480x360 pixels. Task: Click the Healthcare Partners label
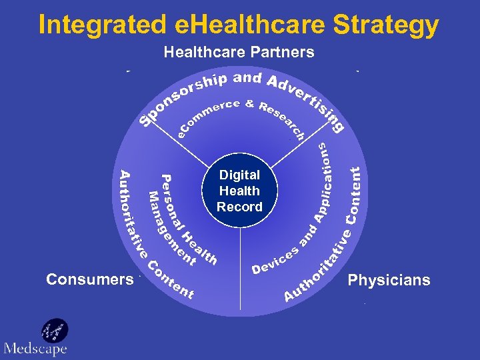(239, 52)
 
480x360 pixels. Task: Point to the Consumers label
(90, 279)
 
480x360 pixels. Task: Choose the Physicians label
(389, 280)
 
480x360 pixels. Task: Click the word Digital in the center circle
(239, 175)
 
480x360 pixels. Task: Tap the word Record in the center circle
(239, 207)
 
